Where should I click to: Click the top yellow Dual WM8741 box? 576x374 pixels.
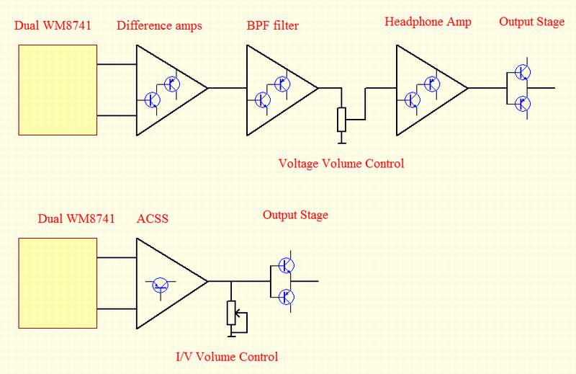(x=58, y=89)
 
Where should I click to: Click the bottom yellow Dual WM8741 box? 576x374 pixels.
(x=58, y=282)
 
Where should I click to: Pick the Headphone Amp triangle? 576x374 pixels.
(x=425, y=89)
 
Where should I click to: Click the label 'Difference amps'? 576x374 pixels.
(x=159, y=26)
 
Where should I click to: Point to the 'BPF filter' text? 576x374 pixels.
(x=272, y=26)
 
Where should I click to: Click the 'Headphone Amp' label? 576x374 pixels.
(x=428, y=22)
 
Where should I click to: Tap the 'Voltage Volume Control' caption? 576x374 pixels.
(x=341, y=164)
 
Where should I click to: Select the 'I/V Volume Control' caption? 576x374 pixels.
(x=227, y=356)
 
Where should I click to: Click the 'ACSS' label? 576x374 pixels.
(x=153, y=218)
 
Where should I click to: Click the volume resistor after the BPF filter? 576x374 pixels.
(x=341, y=118)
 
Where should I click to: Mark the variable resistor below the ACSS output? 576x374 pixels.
(x=231, y=312)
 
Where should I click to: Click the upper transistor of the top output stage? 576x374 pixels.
(x=523, y=73)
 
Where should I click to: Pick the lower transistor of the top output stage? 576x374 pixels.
(x=523, y=104)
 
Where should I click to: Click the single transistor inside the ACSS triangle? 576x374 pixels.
(x=161, y=286)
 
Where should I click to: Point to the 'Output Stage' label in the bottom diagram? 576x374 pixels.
(x=295, y=215)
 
